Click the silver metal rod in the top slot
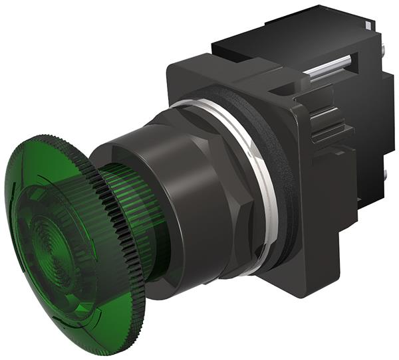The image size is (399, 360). click(329, 68)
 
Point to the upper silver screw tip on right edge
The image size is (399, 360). click(386, 50)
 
